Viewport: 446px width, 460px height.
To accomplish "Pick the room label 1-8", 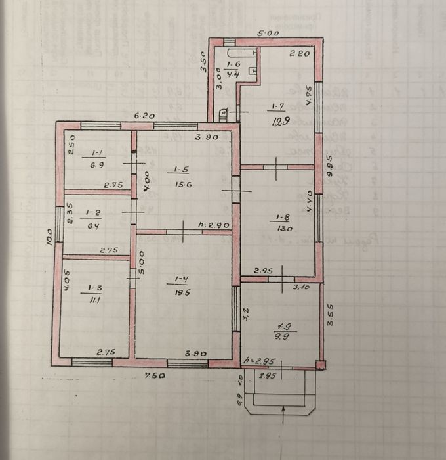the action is (283, 218).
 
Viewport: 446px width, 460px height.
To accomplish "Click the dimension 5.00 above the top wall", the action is (267, 33).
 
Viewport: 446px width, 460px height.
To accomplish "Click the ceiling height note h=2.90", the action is (214, 225).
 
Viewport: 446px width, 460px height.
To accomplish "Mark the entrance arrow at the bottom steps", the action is (283, 412).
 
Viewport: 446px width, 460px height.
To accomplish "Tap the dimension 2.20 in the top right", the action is (300, 54).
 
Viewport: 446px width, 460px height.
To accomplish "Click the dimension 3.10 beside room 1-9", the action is (301, 287).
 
